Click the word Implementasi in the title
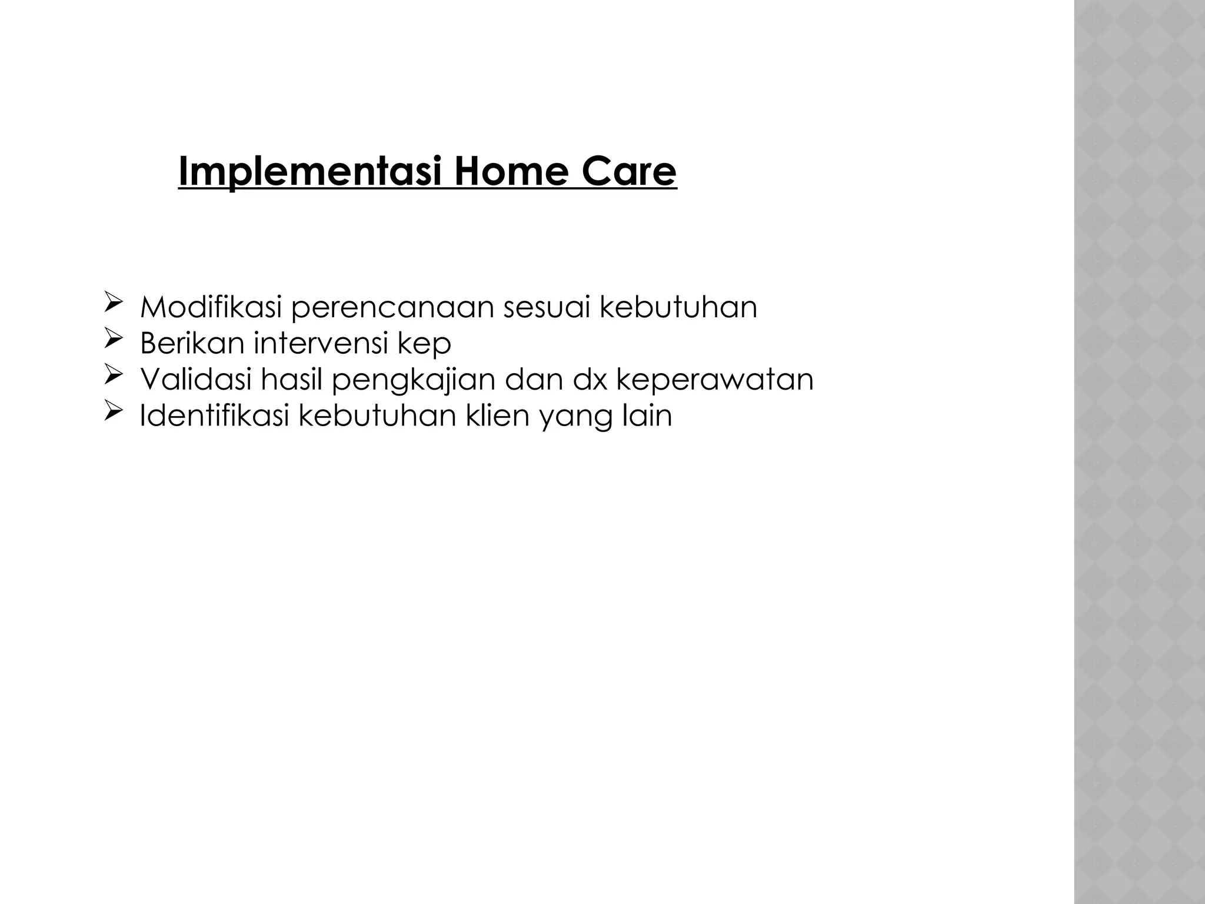point(309,172)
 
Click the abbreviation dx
point(590,379)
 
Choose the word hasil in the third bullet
point(292,379)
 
